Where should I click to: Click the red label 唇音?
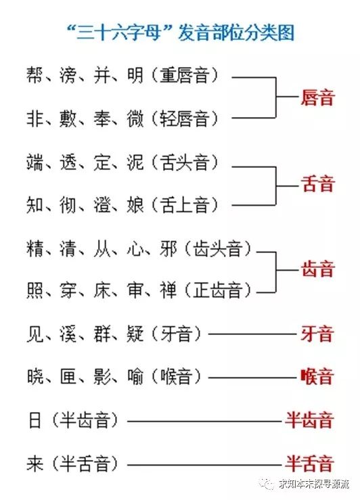click(317, 97)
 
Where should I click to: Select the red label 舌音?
click(317, 184)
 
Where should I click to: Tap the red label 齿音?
click(317, 269)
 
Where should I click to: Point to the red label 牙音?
click(317, 334)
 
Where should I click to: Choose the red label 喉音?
click(317, 377)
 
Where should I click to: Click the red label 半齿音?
click(309, 420)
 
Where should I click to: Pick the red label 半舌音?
click(309, 463)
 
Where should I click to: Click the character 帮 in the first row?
click(35, 75)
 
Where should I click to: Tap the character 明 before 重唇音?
click(135, 75)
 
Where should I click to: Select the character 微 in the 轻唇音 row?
click(135, 118)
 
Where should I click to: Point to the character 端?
click(35, 162)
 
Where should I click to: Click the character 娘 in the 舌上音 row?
click(135, 205)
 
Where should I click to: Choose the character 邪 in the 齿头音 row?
click(168, 249)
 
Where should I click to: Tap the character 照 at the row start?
click(35, 290)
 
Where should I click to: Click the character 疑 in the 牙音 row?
click(135, 334)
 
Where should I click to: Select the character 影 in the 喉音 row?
click(102, 377)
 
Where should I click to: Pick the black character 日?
click(35, 420)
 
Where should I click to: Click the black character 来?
click(35, 463)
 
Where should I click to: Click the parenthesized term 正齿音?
click(217, 290)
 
